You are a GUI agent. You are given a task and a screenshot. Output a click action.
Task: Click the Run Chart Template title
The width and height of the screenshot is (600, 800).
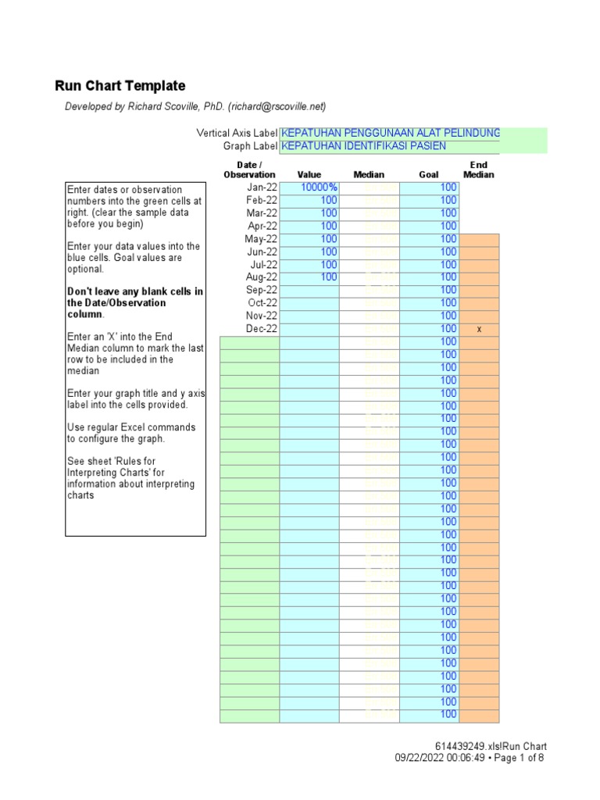click(120, 86)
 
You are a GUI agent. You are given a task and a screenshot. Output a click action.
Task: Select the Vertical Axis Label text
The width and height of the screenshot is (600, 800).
click(237, 134)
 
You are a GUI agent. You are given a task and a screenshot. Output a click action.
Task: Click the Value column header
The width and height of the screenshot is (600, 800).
click(309, 175)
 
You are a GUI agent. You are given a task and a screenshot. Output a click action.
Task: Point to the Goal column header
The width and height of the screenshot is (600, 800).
click(429, 175)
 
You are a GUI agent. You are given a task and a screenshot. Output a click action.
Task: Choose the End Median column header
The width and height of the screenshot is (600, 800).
click(478, 170)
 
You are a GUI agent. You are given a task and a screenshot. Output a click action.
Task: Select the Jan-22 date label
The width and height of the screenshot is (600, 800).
click(262, 187)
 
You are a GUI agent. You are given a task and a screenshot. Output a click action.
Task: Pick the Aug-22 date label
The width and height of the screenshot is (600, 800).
click(262, 277)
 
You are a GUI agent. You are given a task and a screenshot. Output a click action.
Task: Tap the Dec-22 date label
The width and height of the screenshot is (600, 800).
click(262, 329)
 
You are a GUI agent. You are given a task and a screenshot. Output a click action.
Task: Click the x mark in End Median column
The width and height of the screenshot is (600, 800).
click(479, 330)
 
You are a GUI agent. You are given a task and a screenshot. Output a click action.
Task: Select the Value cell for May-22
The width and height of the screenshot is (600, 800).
click(309, 239)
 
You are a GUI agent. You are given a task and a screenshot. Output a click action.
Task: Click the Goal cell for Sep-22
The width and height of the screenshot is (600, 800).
click(429, 290)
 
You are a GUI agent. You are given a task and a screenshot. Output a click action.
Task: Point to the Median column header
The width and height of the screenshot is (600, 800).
click(369, 175)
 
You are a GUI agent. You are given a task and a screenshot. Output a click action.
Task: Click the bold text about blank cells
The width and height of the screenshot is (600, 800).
click(134, 302)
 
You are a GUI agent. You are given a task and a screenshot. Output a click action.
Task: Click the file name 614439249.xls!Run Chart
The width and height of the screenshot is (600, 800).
click(491, 746)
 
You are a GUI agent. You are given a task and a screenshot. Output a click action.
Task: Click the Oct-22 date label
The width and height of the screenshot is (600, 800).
click(262, 303)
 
